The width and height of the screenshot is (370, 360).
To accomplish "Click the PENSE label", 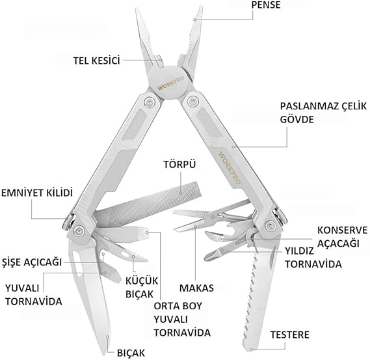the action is (x=266, y=5).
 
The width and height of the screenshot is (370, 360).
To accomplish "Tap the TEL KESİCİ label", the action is (x=96, y=61).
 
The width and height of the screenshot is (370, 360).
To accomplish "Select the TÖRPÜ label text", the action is (x=180, y=164).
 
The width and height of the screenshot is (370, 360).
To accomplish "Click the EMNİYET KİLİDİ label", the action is (x=37, y=193).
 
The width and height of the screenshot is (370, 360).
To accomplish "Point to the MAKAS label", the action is (x=196, y=288).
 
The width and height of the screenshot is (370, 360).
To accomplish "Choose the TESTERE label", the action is (x=290, y=335).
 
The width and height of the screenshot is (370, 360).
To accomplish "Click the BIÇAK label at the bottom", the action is (x=131, y=353).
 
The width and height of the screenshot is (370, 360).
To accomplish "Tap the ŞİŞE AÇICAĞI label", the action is (x=32, y=262).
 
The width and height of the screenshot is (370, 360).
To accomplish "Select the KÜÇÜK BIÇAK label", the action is (x=142, y=288).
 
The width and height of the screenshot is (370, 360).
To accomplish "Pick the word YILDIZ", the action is (x=299, y=251).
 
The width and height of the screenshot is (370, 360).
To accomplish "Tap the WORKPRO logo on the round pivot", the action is (x=171, y=83).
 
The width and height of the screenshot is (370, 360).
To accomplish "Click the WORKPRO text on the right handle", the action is (x=230, y=167).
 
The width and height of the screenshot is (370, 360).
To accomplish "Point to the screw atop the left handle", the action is (x=150, y=102).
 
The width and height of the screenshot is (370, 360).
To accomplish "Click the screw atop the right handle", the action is (x=193, y=102).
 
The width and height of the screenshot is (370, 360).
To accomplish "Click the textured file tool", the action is (x=148, y=203).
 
